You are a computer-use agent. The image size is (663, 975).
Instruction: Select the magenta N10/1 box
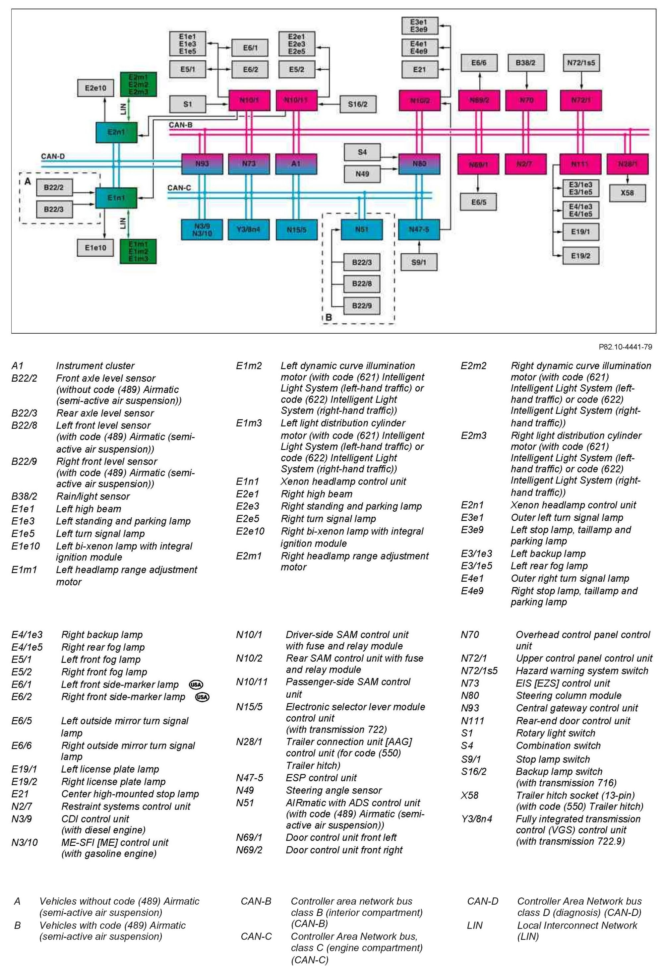[249, 101]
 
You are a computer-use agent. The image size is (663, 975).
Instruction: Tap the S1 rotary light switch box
[187, 104]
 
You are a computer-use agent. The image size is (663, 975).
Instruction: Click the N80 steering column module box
[419, 163]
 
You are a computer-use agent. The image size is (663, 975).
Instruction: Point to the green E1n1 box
[116, 198]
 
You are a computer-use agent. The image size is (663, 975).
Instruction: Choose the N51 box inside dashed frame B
[361, 229]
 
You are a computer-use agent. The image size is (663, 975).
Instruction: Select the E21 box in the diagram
[419, 69]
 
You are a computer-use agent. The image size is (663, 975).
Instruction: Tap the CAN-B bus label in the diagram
[180, 125]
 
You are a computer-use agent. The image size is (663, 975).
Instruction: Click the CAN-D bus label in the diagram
[53, 157]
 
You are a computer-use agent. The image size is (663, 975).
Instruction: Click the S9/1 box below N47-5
[418, 262]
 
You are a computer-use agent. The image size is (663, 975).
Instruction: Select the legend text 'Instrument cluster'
[95, 365]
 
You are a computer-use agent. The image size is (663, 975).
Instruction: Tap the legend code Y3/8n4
[476, 818]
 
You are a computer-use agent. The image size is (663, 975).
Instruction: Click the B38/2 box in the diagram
[525, 63]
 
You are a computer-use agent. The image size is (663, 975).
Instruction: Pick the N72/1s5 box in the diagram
[580, 63]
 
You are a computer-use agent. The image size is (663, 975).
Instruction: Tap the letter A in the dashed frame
[28, 181]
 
